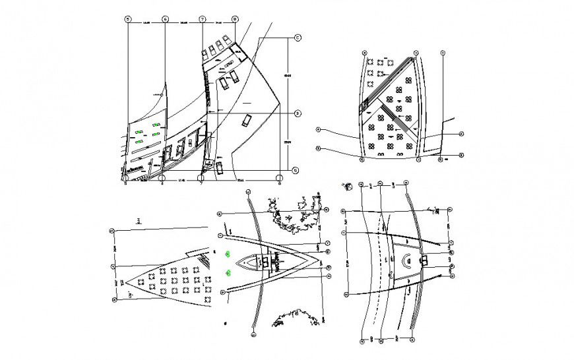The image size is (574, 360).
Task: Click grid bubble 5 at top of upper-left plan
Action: point(128,19)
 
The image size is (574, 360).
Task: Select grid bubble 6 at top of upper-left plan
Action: point(165,19)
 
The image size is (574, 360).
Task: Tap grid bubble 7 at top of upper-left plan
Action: point(202,19)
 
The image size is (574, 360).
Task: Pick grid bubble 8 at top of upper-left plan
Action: point(235,19)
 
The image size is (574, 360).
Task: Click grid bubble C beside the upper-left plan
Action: point(297,38)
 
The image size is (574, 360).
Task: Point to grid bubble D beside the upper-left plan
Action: point(297,113)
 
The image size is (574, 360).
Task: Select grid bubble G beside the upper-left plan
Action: point(296,170)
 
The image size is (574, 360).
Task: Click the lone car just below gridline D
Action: point(247,120)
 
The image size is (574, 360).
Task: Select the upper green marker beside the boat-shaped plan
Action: point(228,253)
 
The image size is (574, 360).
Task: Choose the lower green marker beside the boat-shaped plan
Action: point(228,272)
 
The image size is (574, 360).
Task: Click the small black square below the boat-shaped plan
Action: point(226,322)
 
